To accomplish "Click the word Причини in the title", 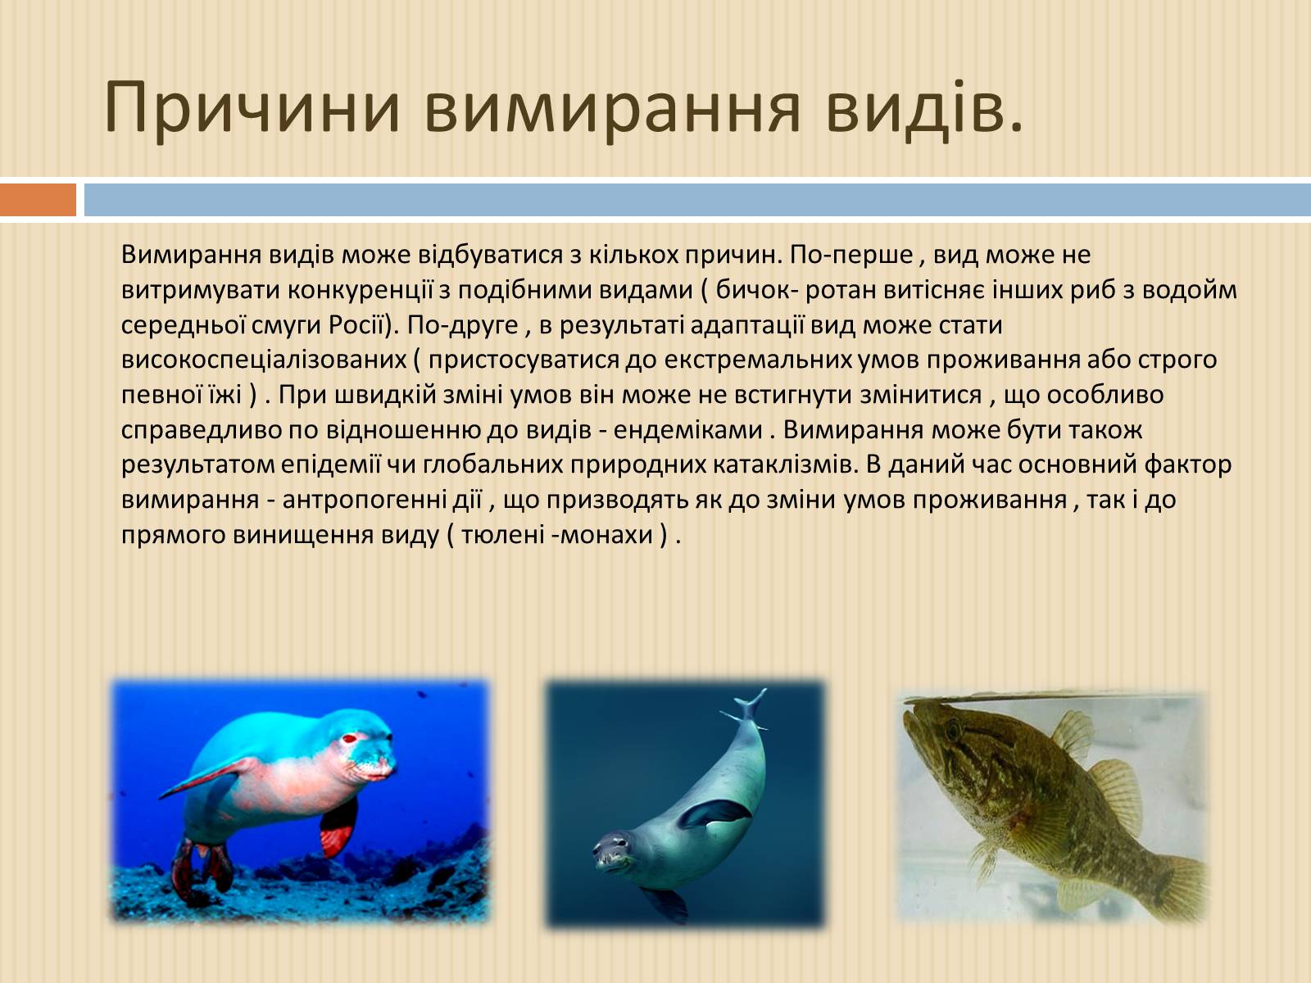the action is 252,107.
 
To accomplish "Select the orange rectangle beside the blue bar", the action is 39,200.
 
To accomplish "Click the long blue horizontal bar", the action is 697,200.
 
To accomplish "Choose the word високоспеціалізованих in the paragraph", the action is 263,360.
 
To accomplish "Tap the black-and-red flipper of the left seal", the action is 338,827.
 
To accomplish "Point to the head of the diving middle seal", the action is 615,852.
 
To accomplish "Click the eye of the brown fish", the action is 953,729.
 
